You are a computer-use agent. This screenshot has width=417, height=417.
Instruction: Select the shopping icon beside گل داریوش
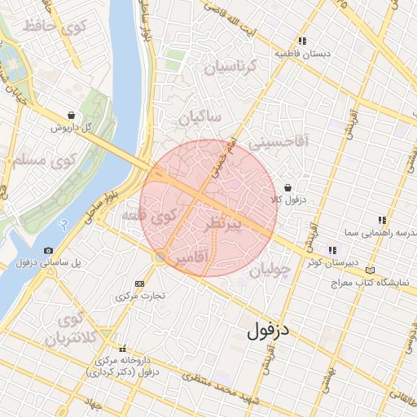73,116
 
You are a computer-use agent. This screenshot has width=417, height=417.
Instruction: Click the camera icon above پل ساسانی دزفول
49,250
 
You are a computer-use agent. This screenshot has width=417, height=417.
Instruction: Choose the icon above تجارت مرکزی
139,283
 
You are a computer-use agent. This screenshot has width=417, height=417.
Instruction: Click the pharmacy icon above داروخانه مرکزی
123,348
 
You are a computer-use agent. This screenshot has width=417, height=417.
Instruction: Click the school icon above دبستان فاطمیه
302,41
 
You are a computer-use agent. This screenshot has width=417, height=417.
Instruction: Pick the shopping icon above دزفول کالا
288,187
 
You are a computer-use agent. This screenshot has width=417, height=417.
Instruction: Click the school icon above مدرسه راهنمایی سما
381,220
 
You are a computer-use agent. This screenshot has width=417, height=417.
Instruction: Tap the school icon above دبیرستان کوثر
331,250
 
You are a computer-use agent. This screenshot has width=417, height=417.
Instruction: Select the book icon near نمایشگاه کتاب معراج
371,270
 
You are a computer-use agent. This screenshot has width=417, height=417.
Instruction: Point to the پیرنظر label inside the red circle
234,223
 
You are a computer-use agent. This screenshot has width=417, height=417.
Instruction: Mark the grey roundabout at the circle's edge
161,257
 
